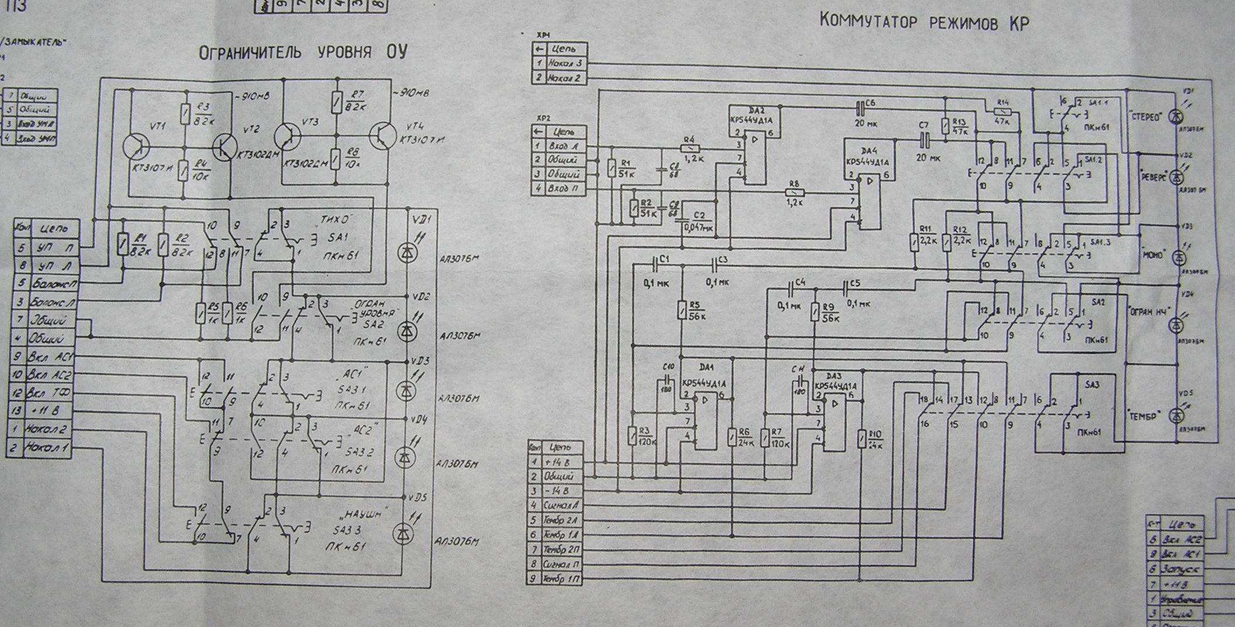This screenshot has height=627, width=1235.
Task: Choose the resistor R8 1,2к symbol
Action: tap(794, 192)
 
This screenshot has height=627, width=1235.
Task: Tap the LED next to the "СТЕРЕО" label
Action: tap(1176, 116)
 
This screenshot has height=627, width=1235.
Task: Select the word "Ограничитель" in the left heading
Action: tap(251, 53)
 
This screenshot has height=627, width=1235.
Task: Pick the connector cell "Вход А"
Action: tap(564, 146)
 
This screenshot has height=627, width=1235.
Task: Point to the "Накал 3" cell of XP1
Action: tap(564, 63)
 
